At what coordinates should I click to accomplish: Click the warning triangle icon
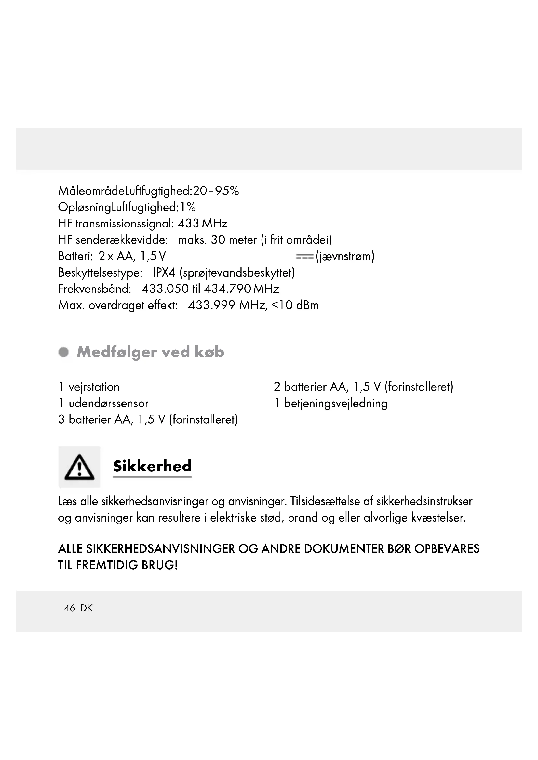click(x=79, y=467)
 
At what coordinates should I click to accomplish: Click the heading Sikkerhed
click(x=152, y=466)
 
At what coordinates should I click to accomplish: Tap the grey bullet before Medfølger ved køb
click(x=64, y=352)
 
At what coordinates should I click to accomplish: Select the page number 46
click(x=70, y=608)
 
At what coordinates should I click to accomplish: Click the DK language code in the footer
click(x=87, y=608)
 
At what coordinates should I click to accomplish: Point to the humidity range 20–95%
click(x=216, y=191)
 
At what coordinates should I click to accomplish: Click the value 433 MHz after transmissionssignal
click(x=202, y=224)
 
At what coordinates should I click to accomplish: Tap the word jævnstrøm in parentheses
click(x=345, y=256)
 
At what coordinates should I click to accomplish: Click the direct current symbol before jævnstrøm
click(x=304, y=257)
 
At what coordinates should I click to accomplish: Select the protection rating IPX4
click(x=164, y=273)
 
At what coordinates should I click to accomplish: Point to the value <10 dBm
click(x=295, y=305)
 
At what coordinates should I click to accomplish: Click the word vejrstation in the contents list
click(x=94, y=387)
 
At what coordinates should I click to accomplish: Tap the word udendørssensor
click(x=109, y=403)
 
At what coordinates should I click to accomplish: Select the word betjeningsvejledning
click(x=336, y=404)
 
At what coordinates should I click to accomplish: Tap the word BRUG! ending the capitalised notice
click(x=160, y=565)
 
